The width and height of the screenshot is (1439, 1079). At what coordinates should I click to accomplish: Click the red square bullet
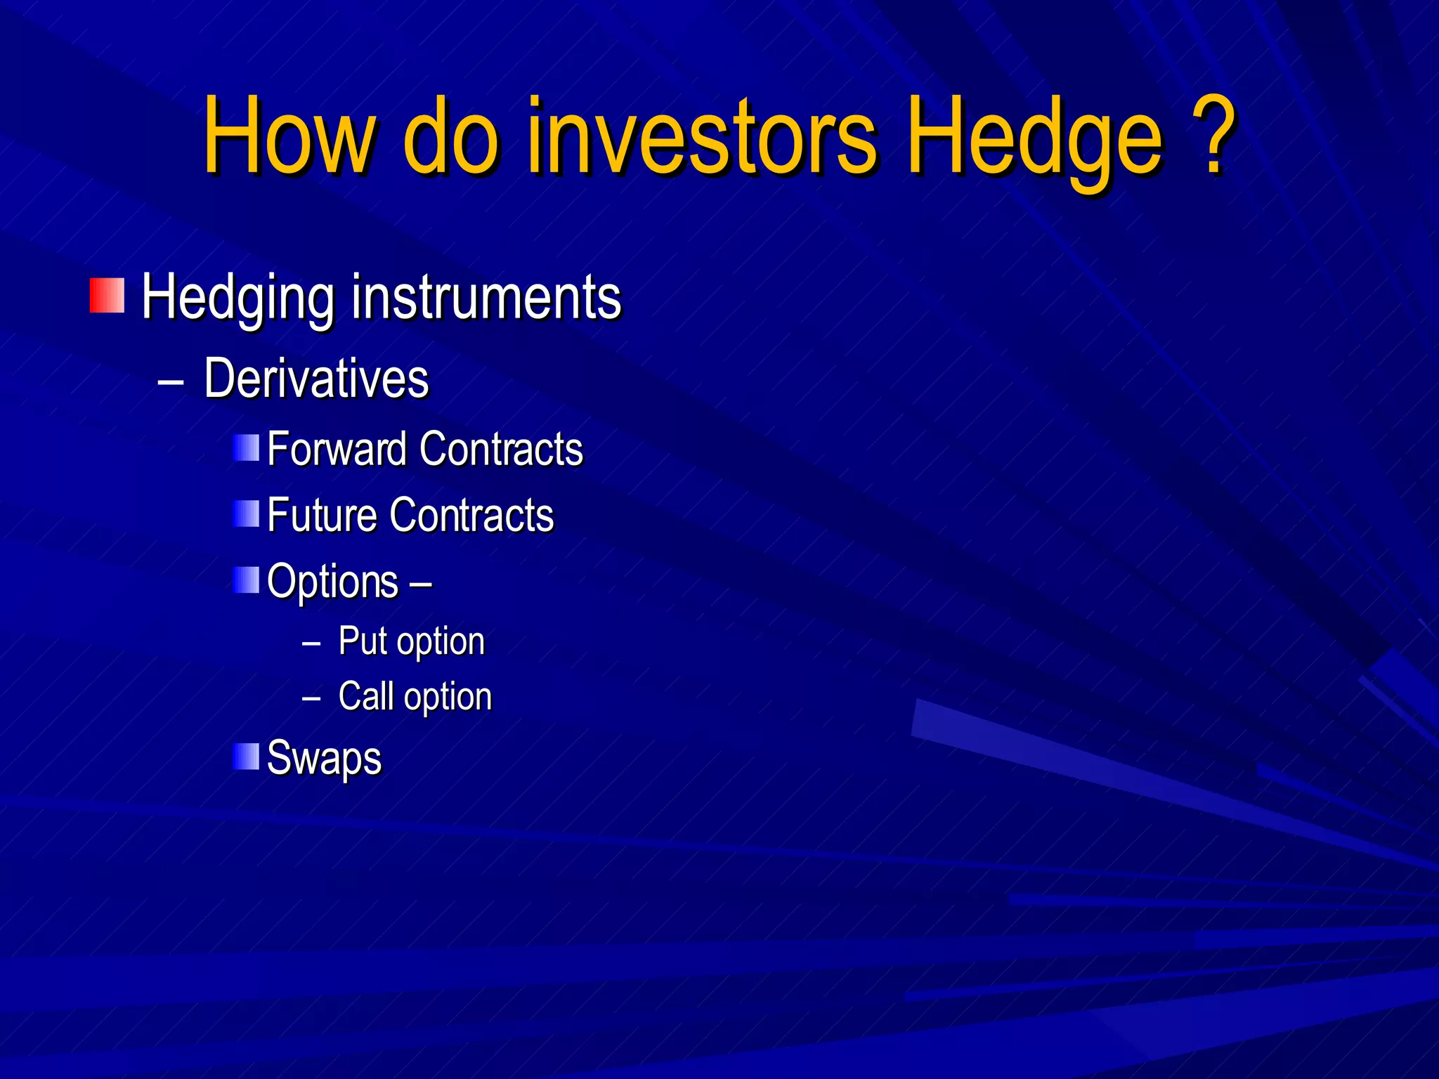[x=107, y=296]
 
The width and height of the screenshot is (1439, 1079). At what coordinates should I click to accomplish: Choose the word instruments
[x=486, y=297]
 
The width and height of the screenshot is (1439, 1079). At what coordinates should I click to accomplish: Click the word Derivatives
[x=316, y=379]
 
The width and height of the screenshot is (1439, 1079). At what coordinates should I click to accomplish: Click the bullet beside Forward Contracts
[x=246, y=447]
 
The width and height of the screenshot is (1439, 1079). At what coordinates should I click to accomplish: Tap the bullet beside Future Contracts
[x=246, y=514]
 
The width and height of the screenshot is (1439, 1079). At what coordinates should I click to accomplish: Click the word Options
[x=332, y=582]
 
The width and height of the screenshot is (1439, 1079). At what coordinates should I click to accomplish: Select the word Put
[x=362, y=641]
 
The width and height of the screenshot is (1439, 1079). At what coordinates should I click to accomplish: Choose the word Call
[x=365, y=696]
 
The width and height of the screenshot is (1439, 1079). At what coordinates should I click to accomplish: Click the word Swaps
[x=324, y=759]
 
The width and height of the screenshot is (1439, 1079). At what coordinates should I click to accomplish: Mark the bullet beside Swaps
[x=246, y=756]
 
